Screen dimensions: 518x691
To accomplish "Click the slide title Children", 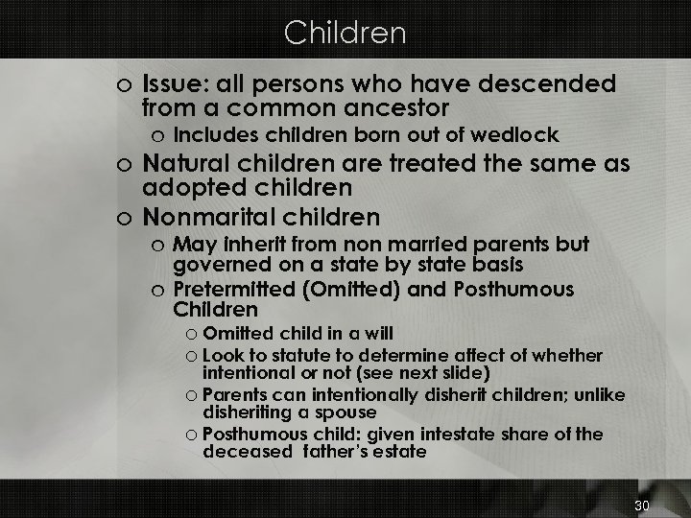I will coord(345,34).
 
